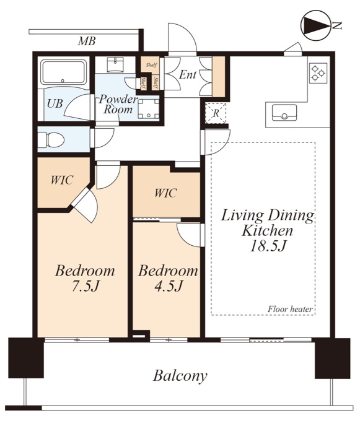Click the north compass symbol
tap(316, 26)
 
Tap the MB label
tap(87, 41)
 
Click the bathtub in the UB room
tap(63, 72)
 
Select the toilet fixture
tap(51, 140)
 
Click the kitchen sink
tap(284, 113)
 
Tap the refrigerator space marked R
tap(216, 113)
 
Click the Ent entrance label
tap(188, 74)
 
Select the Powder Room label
tap(118, 104)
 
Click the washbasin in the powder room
tap(115, 64)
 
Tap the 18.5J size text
tap(268, 246)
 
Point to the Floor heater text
tap(290, 309)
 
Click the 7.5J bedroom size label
tap(85, 286)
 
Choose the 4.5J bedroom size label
tap(168, 286)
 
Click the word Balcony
tap(180, 376)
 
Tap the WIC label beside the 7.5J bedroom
tap(62, 180)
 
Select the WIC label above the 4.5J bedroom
tap(165, 193)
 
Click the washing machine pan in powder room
tap(149, 109)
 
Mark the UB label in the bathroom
tap(55, 103)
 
